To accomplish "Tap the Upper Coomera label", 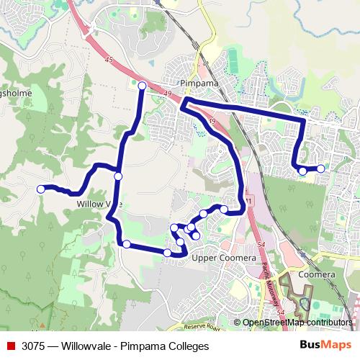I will tap(224, 258).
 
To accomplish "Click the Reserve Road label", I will tap(199, 327).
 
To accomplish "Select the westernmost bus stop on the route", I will tap(41, 189).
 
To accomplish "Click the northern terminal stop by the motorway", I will tap(142, 86).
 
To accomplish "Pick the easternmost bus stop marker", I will tap(320, 168).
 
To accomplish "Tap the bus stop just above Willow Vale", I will tap(118, 176).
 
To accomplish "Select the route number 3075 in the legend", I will tap(34, 346).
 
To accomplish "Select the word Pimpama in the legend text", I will tap(143, 346).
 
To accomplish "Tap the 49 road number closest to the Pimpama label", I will tap(168, 94).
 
